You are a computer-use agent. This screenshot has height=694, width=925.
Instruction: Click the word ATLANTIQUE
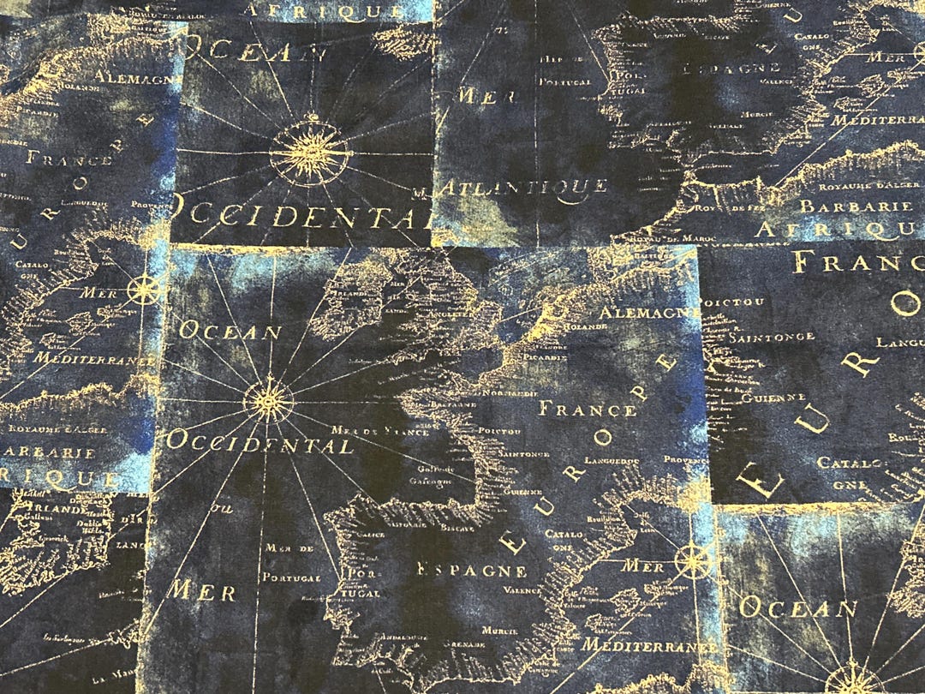coord(524,186)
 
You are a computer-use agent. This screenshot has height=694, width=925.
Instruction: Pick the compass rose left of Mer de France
coord(268,400)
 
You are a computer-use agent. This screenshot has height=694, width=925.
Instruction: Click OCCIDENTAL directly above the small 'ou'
coord(260,442)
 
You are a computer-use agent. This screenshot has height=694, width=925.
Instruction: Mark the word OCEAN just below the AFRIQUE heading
coord(257,51)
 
